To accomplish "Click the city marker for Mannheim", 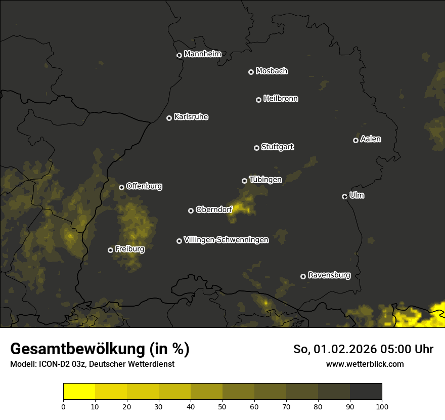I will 179,56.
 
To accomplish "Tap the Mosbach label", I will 272,71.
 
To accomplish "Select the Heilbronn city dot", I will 258,100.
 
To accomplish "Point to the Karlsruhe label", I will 191,117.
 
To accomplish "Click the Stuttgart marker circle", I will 256,148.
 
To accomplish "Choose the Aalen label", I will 371,139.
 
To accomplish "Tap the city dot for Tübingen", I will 244,181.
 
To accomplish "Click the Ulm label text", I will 357,195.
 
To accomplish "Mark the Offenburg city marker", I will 121,187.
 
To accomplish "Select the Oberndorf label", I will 214,209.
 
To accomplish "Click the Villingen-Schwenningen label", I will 226,240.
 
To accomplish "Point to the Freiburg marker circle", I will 110,250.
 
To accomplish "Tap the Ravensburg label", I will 329,275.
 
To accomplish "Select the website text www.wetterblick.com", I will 365,364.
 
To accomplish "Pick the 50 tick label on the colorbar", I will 223,406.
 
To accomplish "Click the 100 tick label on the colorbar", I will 381,406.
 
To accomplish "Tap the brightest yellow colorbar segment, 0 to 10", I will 79,392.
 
